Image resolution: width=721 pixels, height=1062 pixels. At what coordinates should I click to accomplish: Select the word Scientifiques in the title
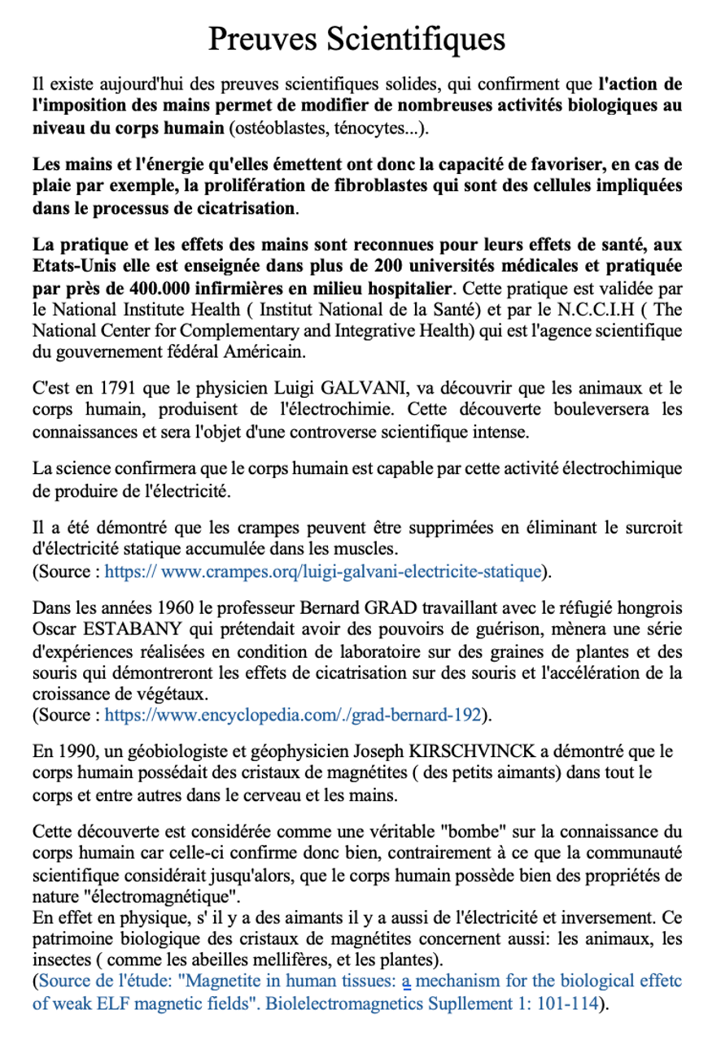pos(415,38)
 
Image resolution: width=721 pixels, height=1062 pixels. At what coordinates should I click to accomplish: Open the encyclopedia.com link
pos(294,716)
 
